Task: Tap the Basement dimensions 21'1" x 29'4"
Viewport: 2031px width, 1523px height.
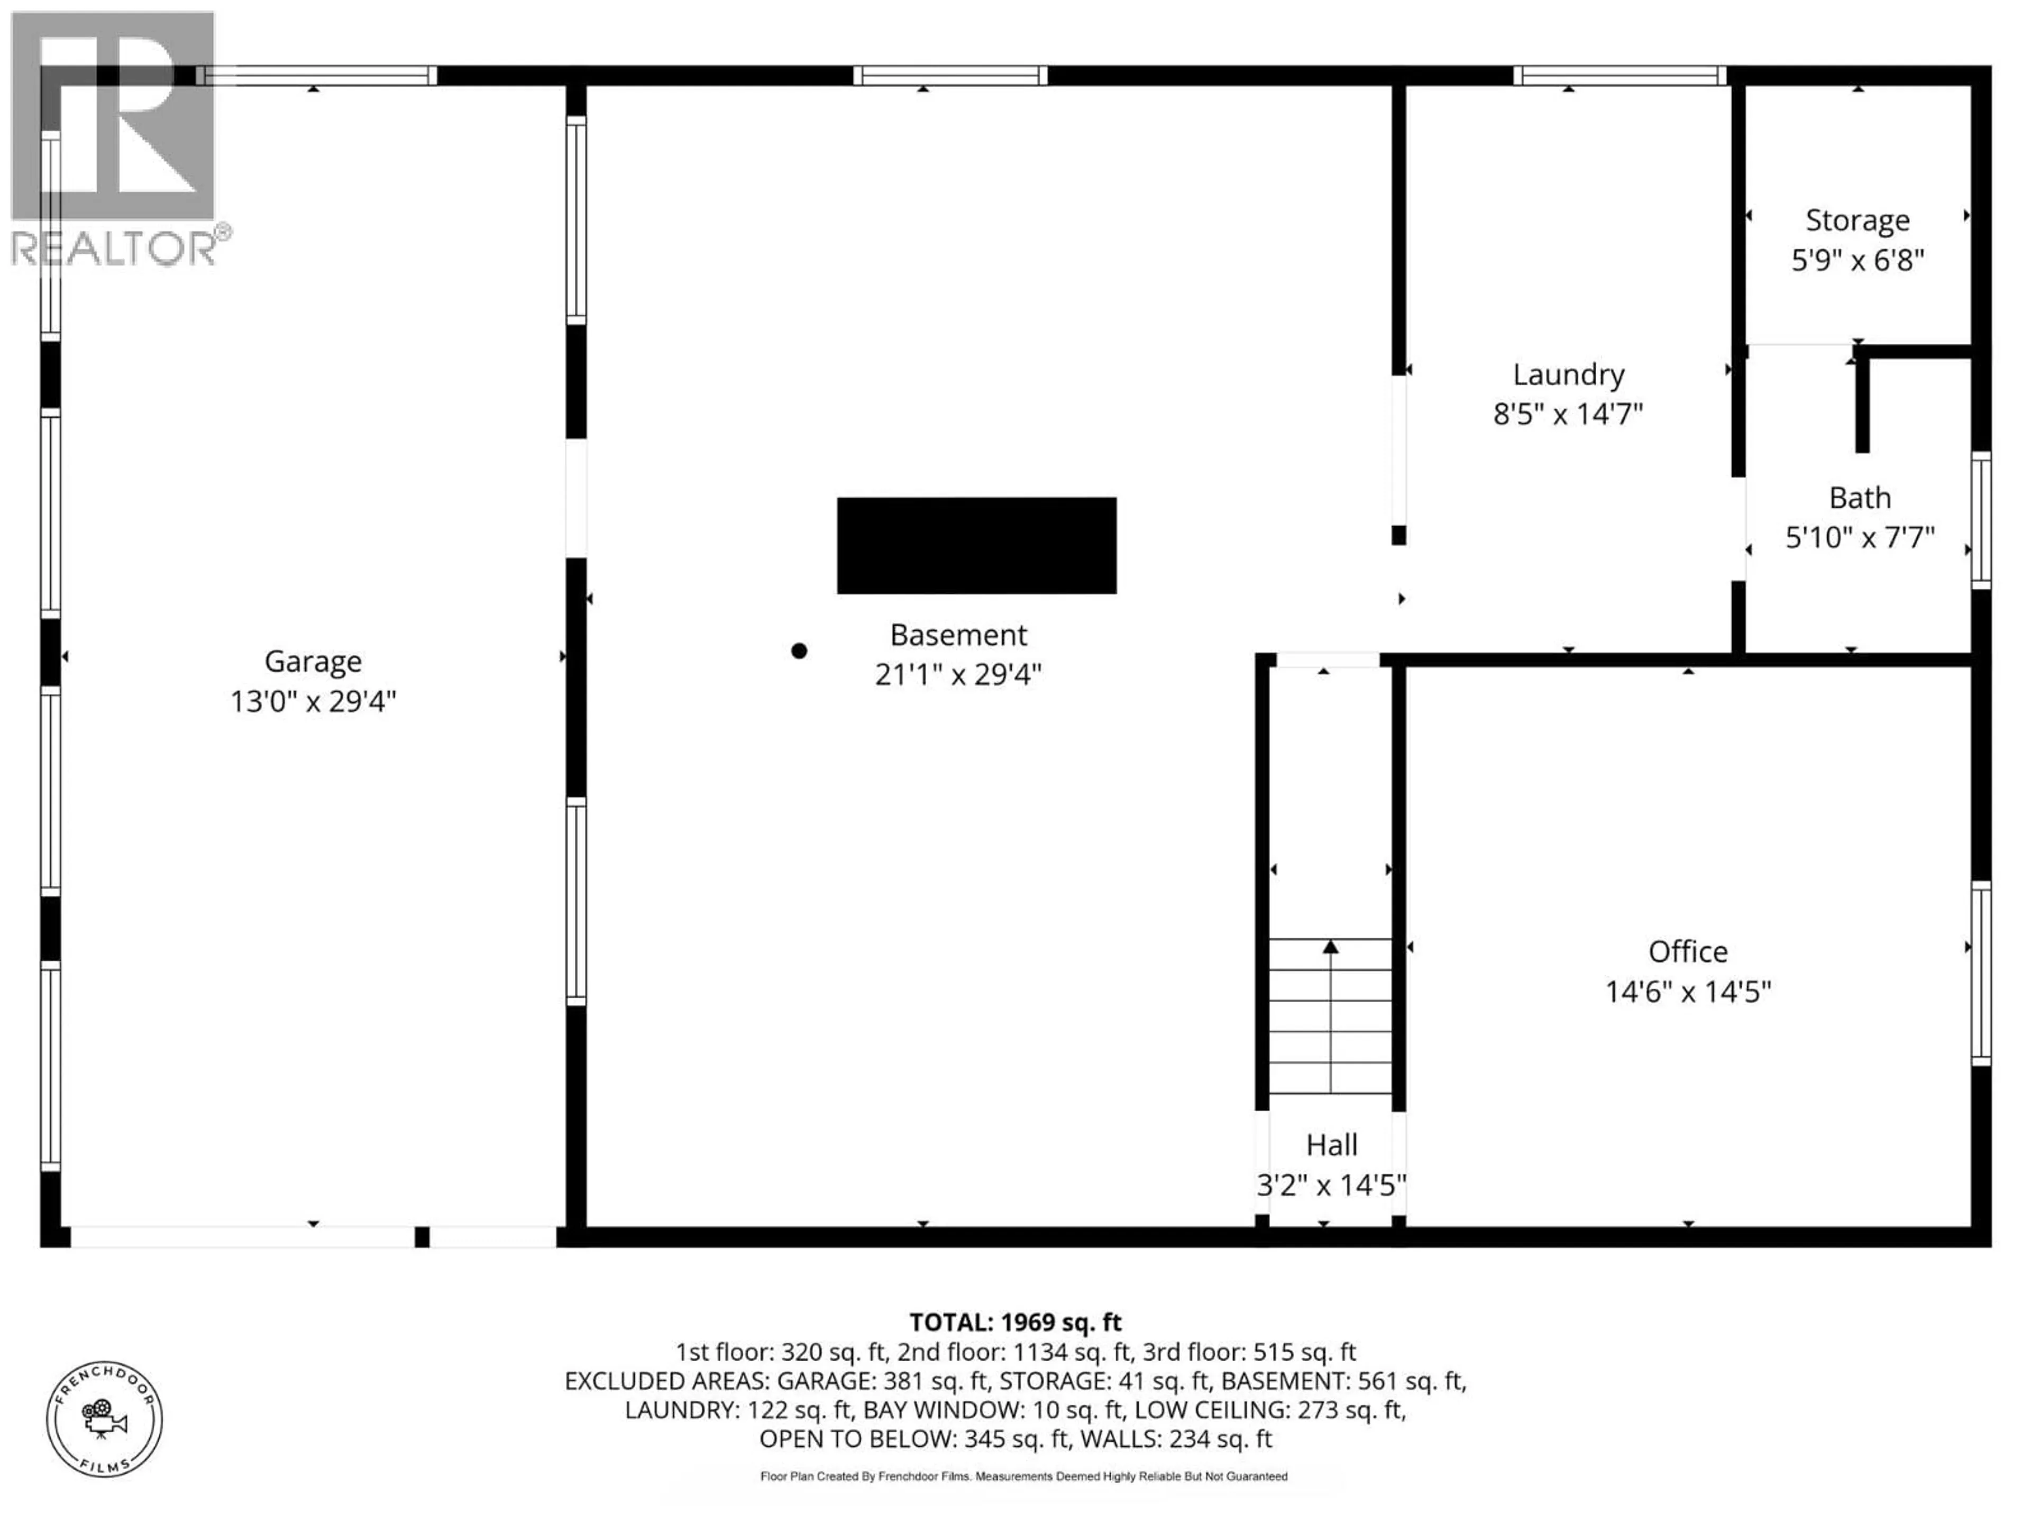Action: (x=958, y=675)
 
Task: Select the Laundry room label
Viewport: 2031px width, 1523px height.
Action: (x=1568, y=374)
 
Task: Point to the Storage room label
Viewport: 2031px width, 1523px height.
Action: (x=1856, y=221)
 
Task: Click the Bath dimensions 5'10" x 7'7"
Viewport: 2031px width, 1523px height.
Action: (x=1859, y=537)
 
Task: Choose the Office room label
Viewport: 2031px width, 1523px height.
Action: (x=1688, y=951)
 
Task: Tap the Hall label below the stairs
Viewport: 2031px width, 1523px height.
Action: (x=1331, y=1145)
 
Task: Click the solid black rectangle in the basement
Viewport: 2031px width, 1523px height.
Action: (x=976, y=545)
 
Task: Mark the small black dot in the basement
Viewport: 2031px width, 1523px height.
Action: (x=799, y=651)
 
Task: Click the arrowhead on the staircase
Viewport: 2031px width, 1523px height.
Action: (x=1330, y=947)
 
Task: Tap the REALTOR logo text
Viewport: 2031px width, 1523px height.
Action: (x=115, y=248)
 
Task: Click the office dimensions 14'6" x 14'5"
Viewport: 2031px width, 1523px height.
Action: (x=1688, y=992)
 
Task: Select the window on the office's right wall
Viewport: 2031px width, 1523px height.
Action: (x=1981, y=973)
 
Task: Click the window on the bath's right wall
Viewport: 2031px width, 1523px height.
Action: (x=1981, y=520)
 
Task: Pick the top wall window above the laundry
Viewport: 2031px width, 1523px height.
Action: (x=1620, y=75)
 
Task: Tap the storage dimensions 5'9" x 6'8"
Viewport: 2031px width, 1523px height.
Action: (x=1856, y=261)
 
